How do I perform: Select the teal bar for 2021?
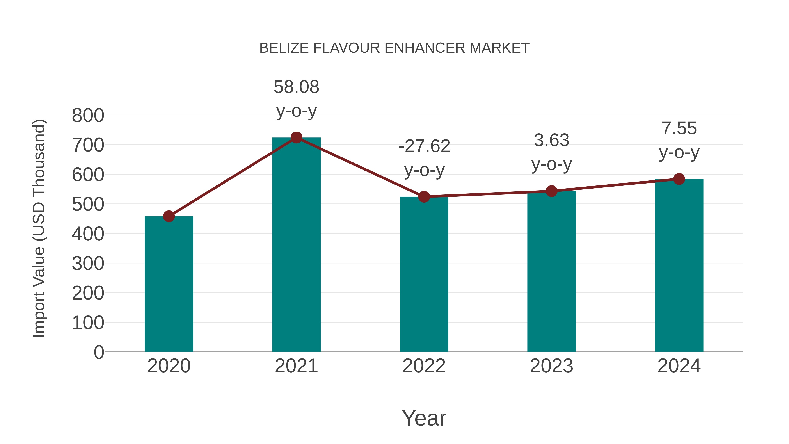296,245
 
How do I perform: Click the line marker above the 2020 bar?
169,216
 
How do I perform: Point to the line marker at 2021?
296,137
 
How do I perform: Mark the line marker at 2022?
424,197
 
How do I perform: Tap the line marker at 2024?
679,179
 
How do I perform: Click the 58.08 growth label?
296,87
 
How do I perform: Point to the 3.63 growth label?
551,140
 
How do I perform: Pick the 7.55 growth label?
679,128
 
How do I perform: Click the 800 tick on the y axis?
88,116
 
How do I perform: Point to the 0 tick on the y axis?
99,352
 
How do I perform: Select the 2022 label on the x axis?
424,366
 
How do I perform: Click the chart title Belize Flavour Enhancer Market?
394,48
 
